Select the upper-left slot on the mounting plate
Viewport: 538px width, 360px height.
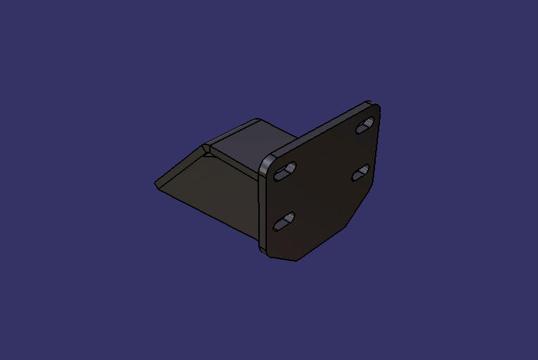[x=285, y=171]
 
